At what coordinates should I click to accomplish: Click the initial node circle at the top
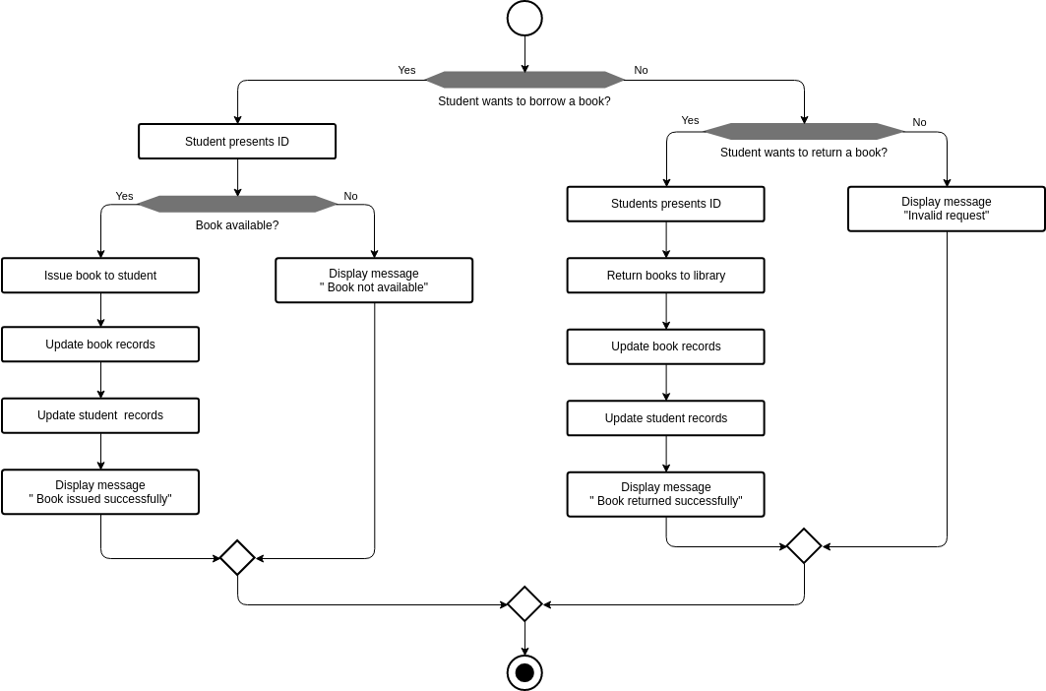pos(524,18)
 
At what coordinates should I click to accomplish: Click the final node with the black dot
pos(524,672)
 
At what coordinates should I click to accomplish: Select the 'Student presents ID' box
pos(237,142)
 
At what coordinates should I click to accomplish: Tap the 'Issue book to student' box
pos(100,276)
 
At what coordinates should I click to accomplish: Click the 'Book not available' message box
pos(374,281)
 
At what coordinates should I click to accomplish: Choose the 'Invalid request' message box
pos(946,209)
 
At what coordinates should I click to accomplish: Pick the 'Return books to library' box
pos(665,276)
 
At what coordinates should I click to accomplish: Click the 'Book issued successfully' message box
pos(100,492)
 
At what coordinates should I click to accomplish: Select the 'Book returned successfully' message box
pos(665,494)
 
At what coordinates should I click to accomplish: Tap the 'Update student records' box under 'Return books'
pos(665,418)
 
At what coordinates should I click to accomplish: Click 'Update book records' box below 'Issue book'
pos(100,345)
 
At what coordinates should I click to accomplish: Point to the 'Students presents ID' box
pos(665,204)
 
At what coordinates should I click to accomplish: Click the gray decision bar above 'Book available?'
pos(237,204)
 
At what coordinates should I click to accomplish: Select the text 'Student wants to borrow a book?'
pos(523,101)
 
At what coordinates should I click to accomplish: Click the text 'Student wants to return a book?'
pos(803,153)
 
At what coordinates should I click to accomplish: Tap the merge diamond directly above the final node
pos(524,604)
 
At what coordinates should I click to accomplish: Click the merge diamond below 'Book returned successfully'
pos(804,545)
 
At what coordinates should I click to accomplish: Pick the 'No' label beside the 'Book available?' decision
pos(350,196)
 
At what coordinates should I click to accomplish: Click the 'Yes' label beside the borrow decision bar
pos(406,70)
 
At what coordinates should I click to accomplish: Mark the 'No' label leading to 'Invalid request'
pos(919,122)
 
